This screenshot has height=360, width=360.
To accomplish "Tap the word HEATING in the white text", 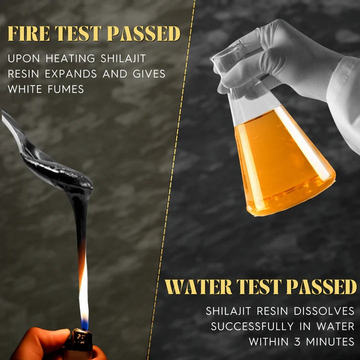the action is click(70, 58).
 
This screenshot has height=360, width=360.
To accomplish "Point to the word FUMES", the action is click(66, 89).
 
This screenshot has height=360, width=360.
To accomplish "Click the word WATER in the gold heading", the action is click(199, 287).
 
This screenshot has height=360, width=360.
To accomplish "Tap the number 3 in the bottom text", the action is click(297, 341).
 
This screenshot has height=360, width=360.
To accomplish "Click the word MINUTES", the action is click(330, 341).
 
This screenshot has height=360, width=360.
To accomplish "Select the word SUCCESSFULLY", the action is click(252, 326).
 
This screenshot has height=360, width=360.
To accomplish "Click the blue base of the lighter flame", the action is click(84, 324).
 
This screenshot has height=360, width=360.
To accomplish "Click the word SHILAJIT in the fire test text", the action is click(123, 58).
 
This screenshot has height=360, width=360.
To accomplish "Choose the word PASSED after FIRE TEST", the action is click(144, 33).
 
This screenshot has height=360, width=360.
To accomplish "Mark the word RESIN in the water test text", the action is click(272, 311).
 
